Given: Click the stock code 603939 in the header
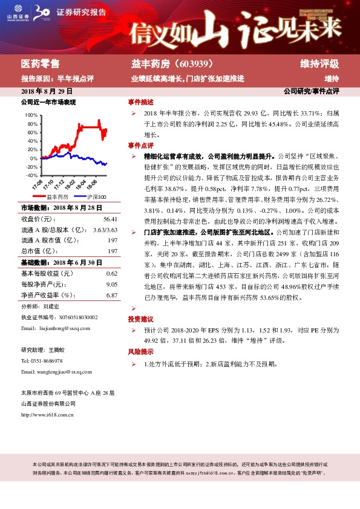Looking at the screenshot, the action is coord(192,64).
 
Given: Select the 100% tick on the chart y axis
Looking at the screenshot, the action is coord(30,114).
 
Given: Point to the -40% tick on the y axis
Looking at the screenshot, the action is coord(30,175).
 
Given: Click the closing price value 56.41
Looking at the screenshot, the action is coord(110,218).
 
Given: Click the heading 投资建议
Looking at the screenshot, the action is coord(140,319).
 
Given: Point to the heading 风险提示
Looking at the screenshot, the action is coord(140,352).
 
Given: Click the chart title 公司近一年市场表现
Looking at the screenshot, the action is coord(48,103).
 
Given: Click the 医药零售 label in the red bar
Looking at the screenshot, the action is coord(40,64).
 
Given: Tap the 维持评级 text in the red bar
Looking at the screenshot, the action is coord(319,64).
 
